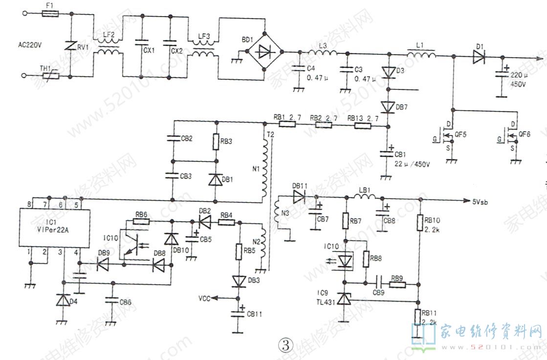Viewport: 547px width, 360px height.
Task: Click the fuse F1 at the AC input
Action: point(50,14)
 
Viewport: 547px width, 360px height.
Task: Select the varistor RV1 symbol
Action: point(71,47)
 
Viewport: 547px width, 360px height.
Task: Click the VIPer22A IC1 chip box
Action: point(54,227)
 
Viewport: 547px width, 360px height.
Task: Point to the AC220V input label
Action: point(30,45)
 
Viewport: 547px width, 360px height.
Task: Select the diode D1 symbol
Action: point(479,58)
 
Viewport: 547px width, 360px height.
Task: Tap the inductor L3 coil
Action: point(322,53)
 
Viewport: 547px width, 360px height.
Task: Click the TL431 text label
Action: point(326,301)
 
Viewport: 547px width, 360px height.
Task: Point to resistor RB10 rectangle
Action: point(420,223)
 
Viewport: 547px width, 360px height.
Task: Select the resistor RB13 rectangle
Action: point(362,126)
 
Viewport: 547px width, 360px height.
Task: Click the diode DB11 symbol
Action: point(299,197)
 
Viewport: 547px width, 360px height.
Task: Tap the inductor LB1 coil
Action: point(364,197)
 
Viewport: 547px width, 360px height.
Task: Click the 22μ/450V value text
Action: point(412,163)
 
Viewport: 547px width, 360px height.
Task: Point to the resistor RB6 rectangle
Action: point(141,221)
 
